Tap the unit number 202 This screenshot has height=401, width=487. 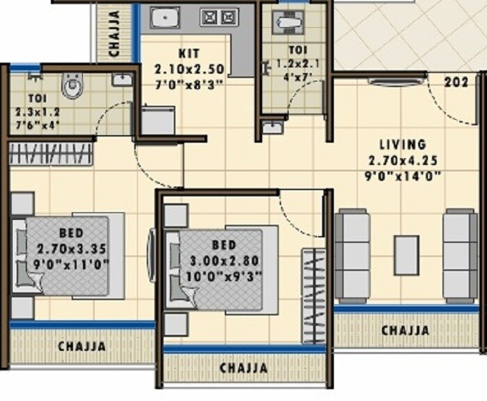click(456, 81)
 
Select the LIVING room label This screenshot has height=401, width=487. click(402, 145)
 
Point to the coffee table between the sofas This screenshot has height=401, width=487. click(406, 255)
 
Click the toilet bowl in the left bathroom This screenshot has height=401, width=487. click(72, 87)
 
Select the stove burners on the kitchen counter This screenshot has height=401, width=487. click(219, 17)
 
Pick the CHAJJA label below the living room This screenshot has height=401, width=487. click(404, 330)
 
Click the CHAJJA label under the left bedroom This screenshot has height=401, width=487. click(81, 345)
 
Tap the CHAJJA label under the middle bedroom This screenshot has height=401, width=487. click(243, 367)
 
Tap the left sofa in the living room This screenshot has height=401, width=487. click(352, 255)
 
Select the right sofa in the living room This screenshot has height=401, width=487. click(461, 255)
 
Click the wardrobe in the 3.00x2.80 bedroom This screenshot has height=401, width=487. click(312, 294)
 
